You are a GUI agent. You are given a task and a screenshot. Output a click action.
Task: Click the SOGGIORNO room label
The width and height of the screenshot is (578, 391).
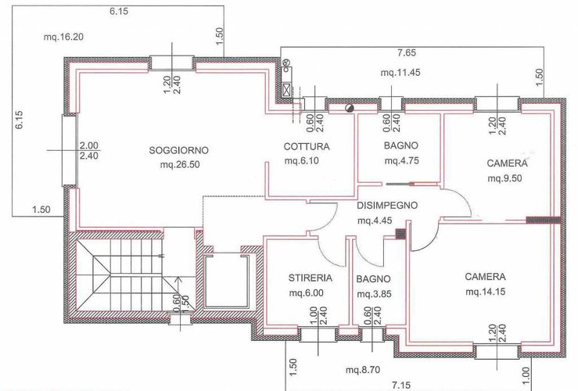coord(179,150)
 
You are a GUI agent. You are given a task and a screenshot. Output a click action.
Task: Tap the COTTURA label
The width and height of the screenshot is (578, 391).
coord(307,147)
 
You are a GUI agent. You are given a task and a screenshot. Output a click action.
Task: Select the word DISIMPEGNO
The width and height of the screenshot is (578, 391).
coord(387,205)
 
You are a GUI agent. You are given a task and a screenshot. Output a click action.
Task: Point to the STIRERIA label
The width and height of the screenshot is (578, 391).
coord(311,278)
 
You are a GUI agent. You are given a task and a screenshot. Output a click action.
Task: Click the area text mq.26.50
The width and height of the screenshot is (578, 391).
coord(180,164)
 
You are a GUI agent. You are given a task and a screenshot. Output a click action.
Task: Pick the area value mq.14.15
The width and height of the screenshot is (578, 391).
coord(485,292)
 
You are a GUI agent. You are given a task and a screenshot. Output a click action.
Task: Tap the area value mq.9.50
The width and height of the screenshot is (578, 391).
coord(504,178)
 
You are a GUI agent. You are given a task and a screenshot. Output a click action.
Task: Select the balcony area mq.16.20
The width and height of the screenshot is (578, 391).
coord(63,37)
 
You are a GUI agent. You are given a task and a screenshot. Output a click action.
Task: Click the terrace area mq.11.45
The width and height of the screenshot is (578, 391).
coord(400,73)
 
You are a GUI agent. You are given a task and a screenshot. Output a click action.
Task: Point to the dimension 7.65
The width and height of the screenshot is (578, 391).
coord(407,52)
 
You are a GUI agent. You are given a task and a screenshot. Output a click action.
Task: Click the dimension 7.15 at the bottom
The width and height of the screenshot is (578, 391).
coord(401,386)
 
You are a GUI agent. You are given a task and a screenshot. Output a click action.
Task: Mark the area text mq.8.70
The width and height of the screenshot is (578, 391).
coord(363,370)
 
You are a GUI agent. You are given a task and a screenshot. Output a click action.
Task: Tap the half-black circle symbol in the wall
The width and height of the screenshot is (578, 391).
coord(349,108)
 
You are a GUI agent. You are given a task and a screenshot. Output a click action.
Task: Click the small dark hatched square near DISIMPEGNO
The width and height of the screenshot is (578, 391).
coord(400,233)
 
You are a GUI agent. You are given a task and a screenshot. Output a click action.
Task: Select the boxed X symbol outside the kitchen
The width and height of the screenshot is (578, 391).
coord(287,88)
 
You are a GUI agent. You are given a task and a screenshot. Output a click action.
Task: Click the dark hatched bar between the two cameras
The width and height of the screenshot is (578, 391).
coord(543,220)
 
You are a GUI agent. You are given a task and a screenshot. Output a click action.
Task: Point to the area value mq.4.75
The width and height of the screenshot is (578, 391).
coord(402,161)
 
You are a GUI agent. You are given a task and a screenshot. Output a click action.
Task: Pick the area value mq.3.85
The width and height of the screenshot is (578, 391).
coord(374,295)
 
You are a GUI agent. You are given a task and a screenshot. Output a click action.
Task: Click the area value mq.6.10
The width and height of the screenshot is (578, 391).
coord(302,161)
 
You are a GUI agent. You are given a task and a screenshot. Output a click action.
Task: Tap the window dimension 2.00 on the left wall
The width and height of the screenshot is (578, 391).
coord(89,145)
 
